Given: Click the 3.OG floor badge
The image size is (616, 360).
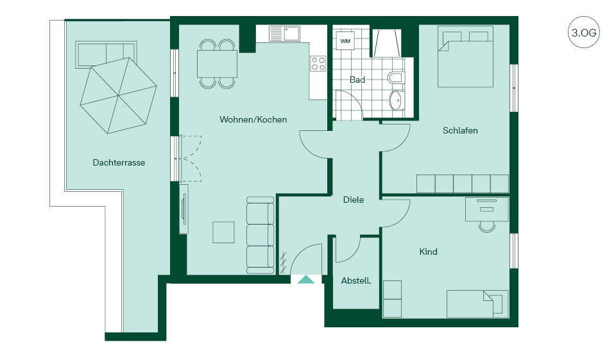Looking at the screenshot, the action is (584, 32).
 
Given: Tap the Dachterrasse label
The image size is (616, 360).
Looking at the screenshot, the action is (119, 162).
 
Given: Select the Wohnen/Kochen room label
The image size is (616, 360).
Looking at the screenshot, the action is (253, 119).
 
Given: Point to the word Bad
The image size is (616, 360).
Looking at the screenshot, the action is (357, 80).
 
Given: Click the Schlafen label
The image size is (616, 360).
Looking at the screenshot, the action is (460, 130).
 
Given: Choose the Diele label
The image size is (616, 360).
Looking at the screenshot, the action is (353, 200).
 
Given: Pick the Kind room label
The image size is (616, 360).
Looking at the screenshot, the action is (428, 252).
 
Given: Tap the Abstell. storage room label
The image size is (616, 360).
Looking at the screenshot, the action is (356, 280).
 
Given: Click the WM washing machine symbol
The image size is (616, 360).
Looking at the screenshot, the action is (345, 41).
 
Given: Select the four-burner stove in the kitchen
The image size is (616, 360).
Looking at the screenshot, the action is (318, 64).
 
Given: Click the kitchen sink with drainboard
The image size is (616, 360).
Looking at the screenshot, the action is (284, 33).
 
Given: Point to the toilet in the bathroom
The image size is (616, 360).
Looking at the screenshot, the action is (396, 77).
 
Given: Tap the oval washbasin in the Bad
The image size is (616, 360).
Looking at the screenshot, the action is (397, 100).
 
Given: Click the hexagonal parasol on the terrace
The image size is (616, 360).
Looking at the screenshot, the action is (118, 96).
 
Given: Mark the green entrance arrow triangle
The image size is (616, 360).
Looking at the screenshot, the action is (306, 279).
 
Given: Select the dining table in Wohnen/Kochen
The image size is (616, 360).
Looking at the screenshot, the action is (218, 64).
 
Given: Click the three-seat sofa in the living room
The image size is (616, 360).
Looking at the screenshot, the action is (260, 236).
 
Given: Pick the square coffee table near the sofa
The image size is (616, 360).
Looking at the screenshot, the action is (223, 232).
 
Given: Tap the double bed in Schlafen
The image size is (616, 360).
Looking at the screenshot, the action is (466, 56).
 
